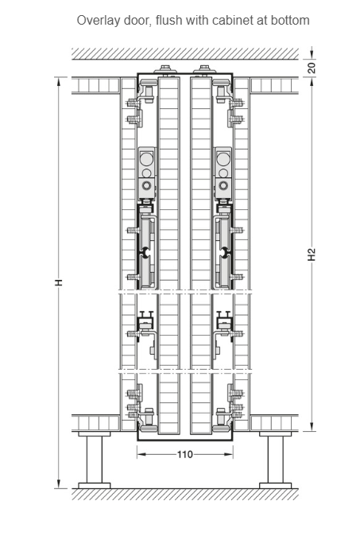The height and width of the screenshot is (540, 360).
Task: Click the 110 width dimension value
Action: point(185,455)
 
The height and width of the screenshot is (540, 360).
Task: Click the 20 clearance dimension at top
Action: point(312,68)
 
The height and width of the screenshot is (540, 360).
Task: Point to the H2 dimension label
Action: point(312,254)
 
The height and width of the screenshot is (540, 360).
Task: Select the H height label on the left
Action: point(59,282)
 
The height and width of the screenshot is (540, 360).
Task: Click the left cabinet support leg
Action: point(95,460)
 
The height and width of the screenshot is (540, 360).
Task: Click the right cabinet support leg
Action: point(275,460)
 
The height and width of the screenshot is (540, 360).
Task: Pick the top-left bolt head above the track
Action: point(165,68)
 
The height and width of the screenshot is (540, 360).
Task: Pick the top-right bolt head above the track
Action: point(205,68)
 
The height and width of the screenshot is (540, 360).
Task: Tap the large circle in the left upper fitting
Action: point(146,158)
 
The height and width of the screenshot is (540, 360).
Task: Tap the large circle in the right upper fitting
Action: point(224,158)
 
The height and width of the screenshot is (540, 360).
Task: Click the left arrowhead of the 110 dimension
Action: point(141,455)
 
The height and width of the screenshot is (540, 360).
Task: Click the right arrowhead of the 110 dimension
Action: point(229,455)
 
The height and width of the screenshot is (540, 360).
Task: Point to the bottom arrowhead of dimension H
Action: point(59,484)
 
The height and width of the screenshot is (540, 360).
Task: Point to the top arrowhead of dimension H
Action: point(59,82)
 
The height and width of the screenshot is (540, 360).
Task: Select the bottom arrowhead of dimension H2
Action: point(312,427)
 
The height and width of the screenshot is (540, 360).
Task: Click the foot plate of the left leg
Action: point(95,486)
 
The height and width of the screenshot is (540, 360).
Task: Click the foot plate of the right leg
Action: point(275,486)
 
